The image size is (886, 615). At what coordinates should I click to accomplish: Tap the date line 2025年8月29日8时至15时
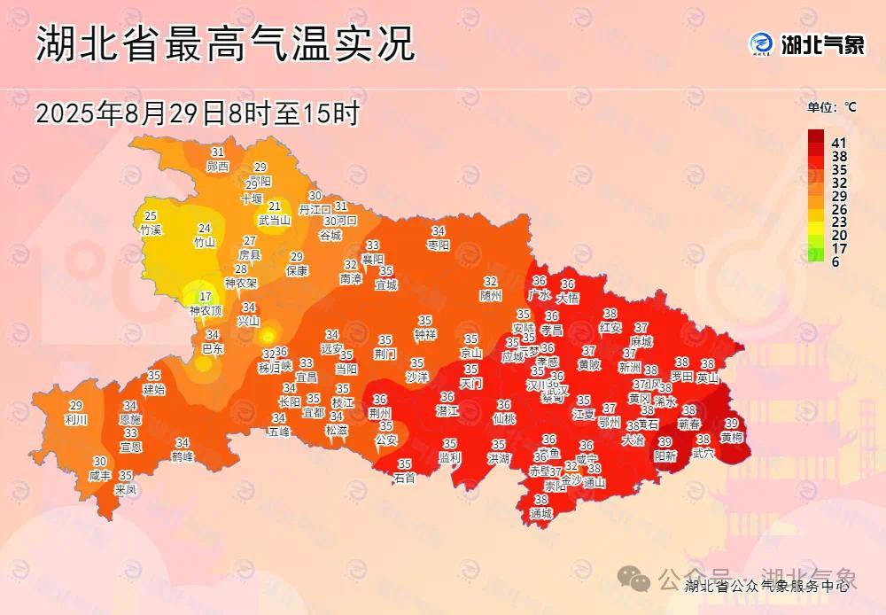point(197,113)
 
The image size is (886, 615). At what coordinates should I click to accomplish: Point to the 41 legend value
point(839,143)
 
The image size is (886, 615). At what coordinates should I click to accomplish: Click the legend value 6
point(835,262)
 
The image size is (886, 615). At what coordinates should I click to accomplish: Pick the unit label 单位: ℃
point(831,107)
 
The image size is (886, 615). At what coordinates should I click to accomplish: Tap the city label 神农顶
point(206,311)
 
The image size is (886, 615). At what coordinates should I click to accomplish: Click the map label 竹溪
point(151,230)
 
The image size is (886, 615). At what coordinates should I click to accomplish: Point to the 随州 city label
point(490,295)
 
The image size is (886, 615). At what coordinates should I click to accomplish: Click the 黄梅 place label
point(732,437)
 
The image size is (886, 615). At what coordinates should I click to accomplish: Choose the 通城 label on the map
point(540,513)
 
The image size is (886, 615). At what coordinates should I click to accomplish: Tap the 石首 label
point(405,478)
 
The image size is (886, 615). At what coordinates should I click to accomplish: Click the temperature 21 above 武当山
point(275,206)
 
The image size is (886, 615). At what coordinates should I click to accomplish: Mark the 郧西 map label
point(217,166)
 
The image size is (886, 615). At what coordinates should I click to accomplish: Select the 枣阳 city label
point(439,244)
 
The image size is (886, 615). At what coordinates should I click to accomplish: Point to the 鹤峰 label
point(183,456)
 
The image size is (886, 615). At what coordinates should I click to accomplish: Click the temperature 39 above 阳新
point(664,442)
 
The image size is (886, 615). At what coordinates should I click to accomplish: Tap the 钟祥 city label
point(425,334)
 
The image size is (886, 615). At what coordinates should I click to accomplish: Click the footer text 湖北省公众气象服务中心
point(766,585)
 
